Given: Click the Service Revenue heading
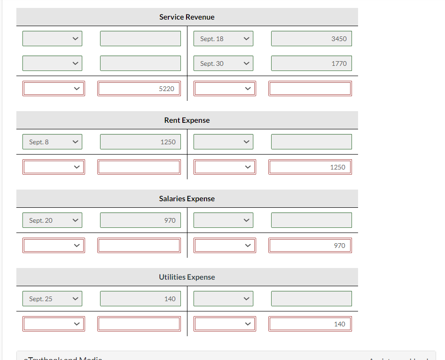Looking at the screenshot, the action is click(x=187, y=17).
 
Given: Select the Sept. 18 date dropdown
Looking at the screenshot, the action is click(x=223, y=39).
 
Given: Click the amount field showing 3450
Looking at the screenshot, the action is click(x=311, y=39).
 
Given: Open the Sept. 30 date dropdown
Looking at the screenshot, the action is click(x=223, y=64).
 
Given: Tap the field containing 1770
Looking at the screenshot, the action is click(x=311, y=64).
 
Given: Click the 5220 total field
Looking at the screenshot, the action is click(x=139, y=89).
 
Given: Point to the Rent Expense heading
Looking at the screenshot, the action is click(x=187, y=120).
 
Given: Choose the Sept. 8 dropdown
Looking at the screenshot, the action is click(x=52, y=142).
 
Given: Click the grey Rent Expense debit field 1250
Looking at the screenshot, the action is click(x=140, y=142).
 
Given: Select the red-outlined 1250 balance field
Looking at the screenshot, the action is click(x=310, y=167).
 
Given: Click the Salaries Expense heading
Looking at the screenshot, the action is click(x=187, y=199).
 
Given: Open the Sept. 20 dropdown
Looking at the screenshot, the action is click(x=52, y=220).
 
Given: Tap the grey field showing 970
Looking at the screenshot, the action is click(x=140, y=220).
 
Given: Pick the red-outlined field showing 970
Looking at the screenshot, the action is click(x=310, y=246).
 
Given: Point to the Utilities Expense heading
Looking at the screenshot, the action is click(x=187, y=277).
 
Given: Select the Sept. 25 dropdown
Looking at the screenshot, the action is click(x=52, y=299).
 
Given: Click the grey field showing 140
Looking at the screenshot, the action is click(x=140, y=299).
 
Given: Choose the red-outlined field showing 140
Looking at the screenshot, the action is click(x=310, y=324).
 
